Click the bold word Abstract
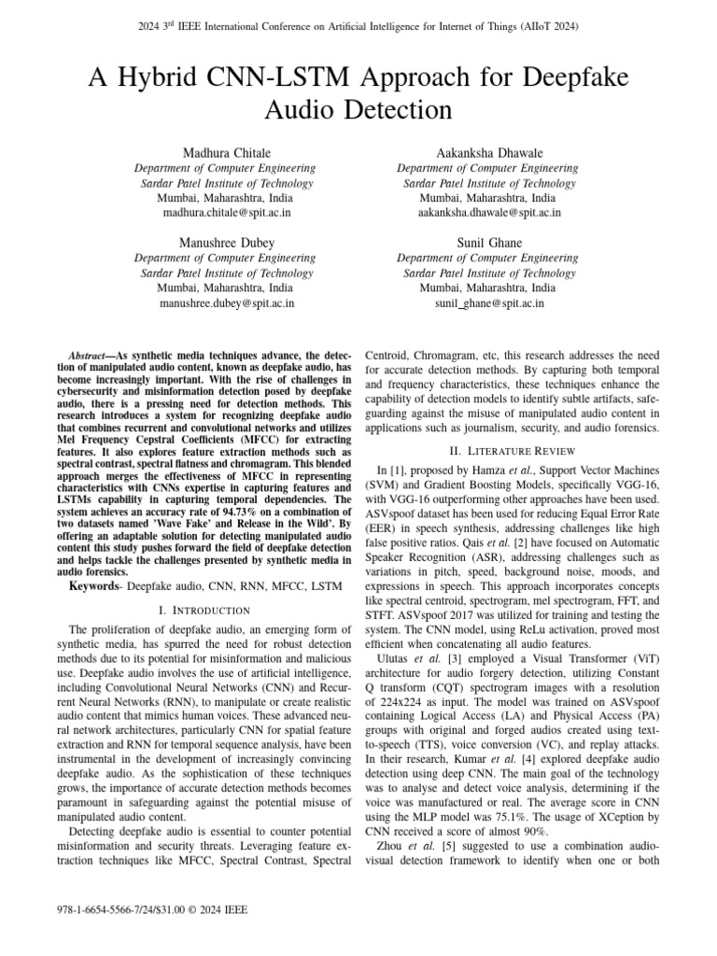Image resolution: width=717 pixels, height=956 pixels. coord(91,358)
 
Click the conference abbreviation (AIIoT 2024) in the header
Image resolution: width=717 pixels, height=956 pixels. coord(547,26)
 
